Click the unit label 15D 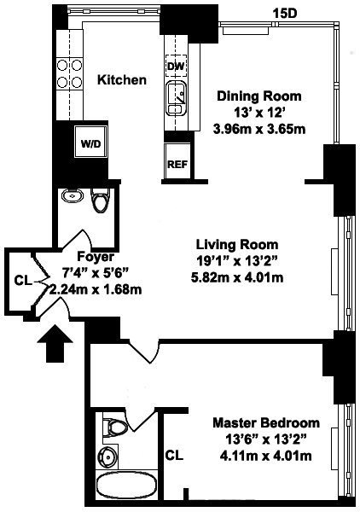pyautogui.click(x=285, y=14)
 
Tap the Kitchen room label pyautogui.click(x=122, y=79)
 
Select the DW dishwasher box pyautogui.click(x=176, y=67)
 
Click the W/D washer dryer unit pyautogui.click(x=90, y=143)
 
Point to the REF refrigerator pyautogui.click(x=177, y=161)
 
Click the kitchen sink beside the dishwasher pyautogui.click(x=176, y=98)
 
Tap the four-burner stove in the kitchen pyautogui.click(x=69, y=73)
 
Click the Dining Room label pyautogui.click(x=259, y=96)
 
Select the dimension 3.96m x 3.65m pyautogui.click(x=259, y=130)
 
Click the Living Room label pyautogui.click(x=237, y=245)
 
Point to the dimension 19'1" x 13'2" pyautogui.click(x=237, y=261)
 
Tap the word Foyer pyautogui.click(x=96, y=257)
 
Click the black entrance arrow pyautogui.click(x=55, y=343)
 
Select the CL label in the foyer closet pyautogui.click(x=23, y=281)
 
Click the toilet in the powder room pyautogui.click(x=101, y=201)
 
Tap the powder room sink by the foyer pyautogui.click(x=73, y=195)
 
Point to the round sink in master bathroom pyautogui.click(x=107, y=455)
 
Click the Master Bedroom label pyautogui.click(x=266, y=422)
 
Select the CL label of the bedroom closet pyautogui.click(x=174, y=455)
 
